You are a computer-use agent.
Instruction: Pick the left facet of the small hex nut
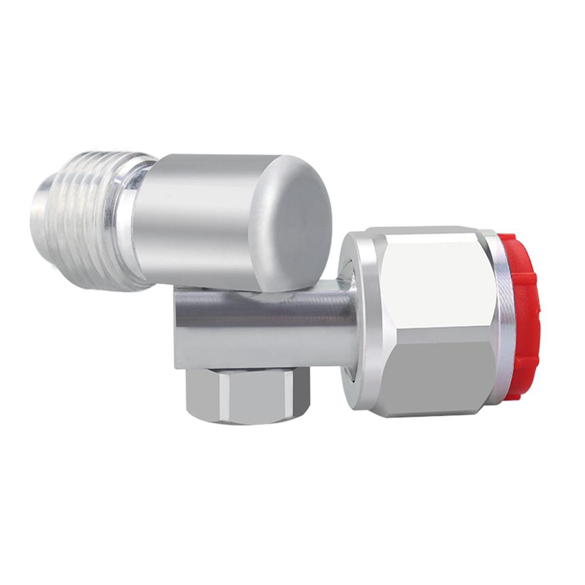(200, 394)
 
